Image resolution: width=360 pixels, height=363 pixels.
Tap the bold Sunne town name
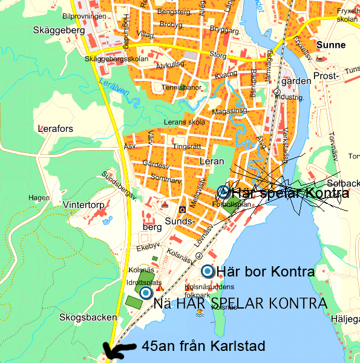(331, 45)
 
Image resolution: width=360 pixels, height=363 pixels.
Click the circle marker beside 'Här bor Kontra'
(208, 272)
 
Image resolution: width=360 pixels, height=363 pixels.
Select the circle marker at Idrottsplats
(146, 293)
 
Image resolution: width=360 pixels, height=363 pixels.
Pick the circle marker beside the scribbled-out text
(223, 192)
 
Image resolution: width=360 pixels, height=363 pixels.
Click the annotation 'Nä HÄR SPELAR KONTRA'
(240, 303)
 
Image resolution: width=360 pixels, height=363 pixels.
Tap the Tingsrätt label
(186, 146)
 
